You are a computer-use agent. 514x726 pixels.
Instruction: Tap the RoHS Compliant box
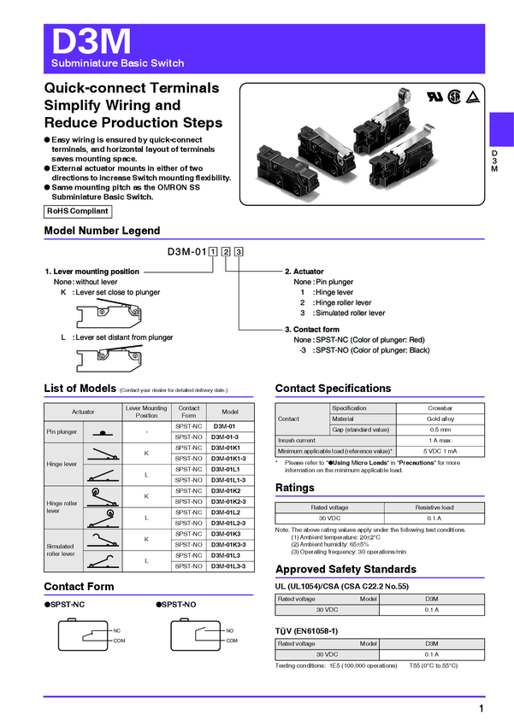coord(78,211)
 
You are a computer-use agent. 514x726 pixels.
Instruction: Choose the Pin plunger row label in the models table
coord(62,431)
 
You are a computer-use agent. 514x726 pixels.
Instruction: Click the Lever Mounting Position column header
coord(146,411)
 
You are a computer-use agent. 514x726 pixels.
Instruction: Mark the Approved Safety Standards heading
coord(346,570)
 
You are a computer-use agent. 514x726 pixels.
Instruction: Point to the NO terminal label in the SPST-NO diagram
coord(230,630)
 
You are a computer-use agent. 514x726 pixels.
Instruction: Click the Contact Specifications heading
coord(333,389)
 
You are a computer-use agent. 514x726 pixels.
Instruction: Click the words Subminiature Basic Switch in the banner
coord(117,64)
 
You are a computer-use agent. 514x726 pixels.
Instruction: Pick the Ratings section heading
coord(295,488)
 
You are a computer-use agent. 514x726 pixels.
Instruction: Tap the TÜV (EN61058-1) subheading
coord(306,630)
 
